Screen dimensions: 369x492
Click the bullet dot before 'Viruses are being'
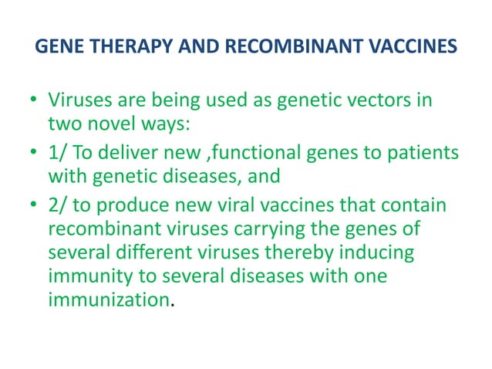tap(33, 101)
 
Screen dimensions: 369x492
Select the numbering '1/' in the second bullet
tap(58, 151)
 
